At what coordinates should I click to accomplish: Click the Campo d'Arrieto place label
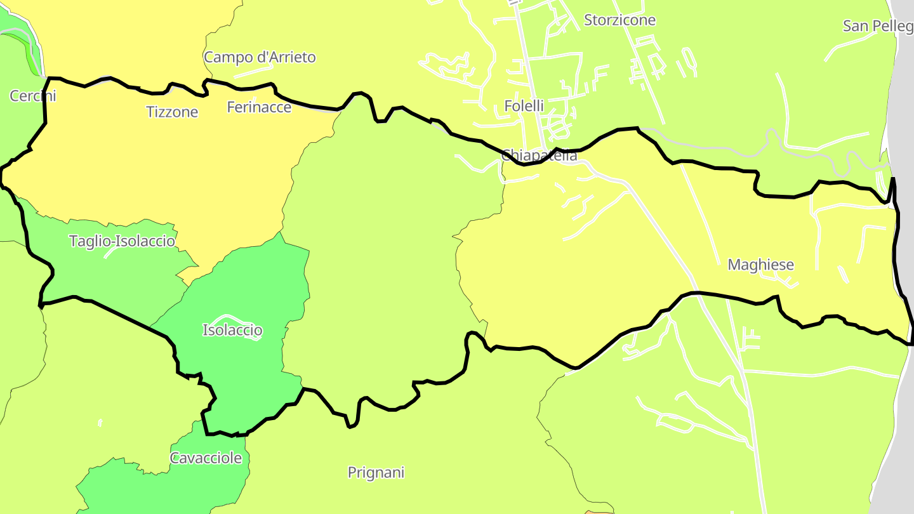pos(260,57)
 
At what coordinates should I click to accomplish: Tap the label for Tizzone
pos(172,112)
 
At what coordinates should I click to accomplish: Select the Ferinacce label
pos(259,107)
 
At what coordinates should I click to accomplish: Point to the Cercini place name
pos(32,96)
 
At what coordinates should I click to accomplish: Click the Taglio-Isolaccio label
pos(122,241)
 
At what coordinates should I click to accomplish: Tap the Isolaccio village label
pos(232,330)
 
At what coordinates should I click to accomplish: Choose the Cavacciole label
pos(206,458)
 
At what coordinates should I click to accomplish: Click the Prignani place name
pos(376,472)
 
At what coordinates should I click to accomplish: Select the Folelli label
pos(524,106)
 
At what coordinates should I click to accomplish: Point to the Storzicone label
pos(619,20)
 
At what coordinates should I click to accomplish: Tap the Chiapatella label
pos(539,155)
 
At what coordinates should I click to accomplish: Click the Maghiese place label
pos(760,265)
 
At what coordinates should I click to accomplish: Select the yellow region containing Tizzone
pos(159,165)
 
